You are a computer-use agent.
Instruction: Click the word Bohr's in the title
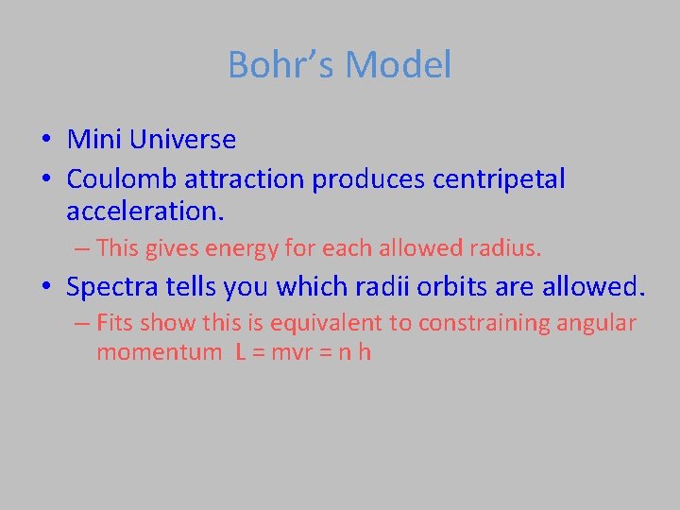(x=280, y=65)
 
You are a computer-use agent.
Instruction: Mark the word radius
(x=510, y=249)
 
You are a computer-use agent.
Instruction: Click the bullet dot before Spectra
(x=46, y=287)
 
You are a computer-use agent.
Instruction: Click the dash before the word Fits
(x=81, y=323)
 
